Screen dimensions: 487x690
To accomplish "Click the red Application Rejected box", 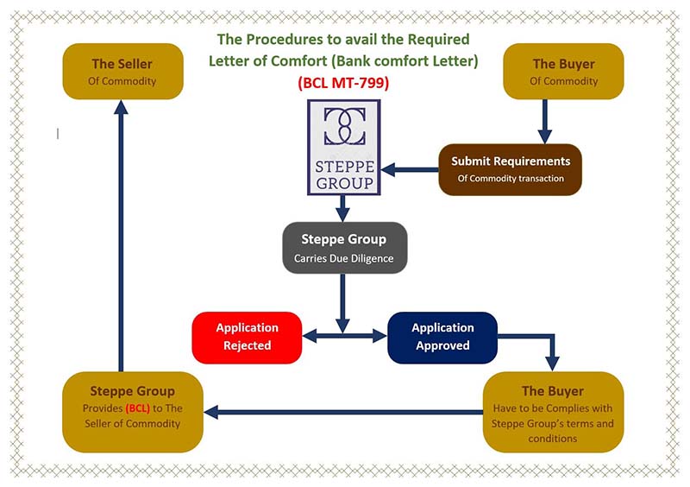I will pyautogui.click(x=247, y=337).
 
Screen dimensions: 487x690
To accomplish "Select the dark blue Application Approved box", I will pyautogui.click(x=442, y=337).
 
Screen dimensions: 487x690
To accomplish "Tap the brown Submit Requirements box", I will pyautogui.click(x=511, y=169).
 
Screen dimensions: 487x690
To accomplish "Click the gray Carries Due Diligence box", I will pyautogui.click(x=344, y=248).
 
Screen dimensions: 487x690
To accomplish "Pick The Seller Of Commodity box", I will pyautogui.click(x=122, y=73).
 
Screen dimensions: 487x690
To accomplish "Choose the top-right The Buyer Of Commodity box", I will pyautogui.click(x=563, y=73).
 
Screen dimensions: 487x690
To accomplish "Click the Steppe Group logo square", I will pyautogui.click(x=343, y=147).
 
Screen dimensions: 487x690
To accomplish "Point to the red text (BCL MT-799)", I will pyautogui.click(x=343, y=84).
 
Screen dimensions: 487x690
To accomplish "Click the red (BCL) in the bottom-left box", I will pyautogui.click(x=139, y=408).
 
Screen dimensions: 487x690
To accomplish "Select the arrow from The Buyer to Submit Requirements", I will pyautogui.click(x=544, y=121).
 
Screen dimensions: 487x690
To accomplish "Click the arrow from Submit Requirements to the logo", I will pyautogui.click(x=410, y=169).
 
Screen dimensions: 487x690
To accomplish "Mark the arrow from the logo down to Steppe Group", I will pyautogui.click(x=343, y=207).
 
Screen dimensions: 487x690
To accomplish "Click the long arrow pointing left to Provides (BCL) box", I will pyautogui.click(x=345, y=413).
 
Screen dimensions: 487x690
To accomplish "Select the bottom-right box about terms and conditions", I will pyautogui.click(x=553, y=413).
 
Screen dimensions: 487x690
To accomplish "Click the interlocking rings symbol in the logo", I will pyautogui.click(x=343, y=127).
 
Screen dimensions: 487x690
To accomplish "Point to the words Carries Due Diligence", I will pyautogui.click(x=344, y=257).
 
